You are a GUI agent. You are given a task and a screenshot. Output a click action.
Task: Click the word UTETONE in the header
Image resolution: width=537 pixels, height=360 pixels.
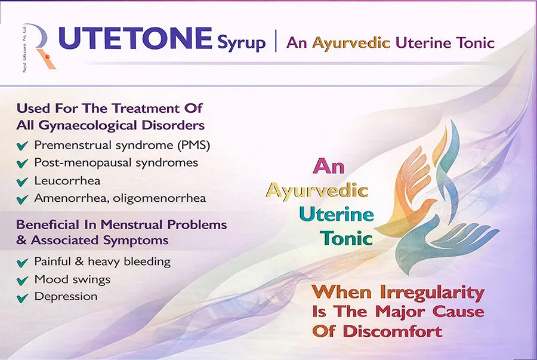pyautogui.click(x=135, y=38)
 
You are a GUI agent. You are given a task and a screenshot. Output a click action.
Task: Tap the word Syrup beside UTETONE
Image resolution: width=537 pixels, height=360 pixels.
pyautogui.click(x=242, y=43)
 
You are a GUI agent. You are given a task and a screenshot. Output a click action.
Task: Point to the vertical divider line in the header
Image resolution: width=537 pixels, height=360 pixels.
pyautogui.click(x=276, y=41)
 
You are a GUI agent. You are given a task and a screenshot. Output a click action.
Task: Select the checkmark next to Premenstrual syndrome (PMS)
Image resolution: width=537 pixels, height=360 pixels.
pyautogui.click(x=22, y=146)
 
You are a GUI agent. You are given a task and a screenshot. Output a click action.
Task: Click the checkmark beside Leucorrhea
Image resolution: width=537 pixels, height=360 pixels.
pyautogui.click(x=22, y=181)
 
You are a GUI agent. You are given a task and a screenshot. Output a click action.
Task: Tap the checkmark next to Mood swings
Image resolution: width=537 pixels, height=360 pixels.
pyautogui.click(x=22, y=281)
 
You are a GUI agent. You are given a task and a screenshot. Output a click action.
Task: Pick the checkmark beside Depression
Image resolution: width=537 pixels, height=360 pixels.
pyautogui.click(x=22, y=298)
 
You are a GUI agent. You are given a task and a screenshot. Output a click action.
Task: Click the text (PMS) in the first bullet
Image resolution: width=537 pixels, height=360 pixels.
pyautogui.click(x=194, y=145)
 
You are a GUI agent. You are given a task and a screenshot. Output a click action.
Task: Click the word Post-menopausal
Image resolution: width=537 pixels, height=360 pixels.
pyautogui.click(x=83, y=163)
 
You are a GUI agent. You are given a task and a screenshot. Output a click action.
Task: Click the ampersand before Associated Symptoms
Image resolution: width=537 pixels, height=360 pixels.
pyautogui.click(x=21, y=240)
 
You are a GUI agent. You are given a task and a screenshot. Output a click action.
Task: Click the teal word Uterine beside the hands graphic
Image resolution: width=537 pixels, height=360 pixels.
pyautogui.click(x=337, y=214)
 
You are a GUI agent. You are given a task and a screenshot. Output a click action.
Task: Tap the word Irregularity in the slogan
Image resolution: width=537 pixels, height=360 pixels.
pyautogui.click(x=433, y=293)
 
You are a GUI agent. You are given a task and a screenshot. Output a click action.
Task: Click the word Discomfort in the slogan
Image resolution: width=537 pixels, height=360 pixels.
pyautogui.click(x=393, y=331)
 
